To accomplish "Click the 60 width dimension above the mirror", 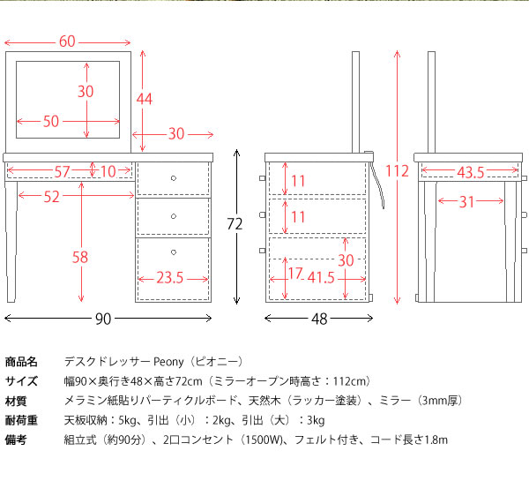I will tap(67, 41).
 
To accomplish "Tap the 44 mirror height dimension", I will tap(144, 99).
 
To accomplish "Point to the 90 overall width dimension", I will tap(103, 319).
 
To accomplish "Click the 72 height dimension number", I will tap(234, 224).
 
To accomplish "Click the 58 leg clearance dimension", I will tap(79, 257).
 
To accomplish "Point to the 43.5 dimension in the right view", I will tap(470, 170).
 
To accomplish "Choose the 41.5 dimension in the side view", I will tap(321, 277).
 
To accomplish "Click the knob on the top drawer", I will tap(174, 178).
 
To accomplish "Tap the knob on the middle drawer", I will tap(174, 216).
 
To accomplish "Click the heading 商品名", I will tap(21, 362).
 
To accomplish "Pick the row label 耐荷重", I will tap(21, 420).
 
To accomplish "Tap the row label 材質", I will tap(21, 401).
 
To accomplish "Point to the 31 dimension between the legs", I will tap(468, 202).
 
